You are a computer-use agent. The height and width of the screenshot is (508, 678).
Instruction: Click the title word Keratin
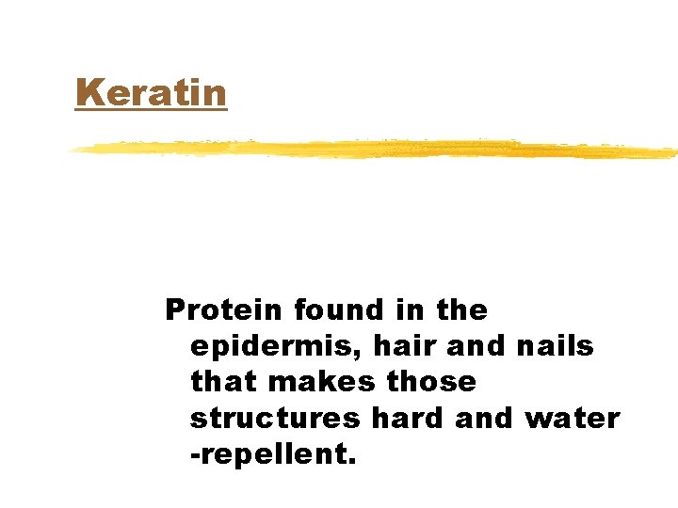click(152, 93)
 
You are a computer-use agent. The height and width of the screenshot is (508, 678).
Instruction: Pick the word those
click(431, 382)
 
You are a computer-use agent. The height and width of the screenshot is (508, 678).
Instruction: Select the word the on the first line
click(461, 310)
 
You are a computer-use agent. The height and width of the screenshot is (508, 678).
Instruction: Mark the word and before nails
click(476, 345)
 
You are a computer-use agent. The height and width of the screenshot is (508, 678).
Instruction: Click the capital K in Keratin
click(88, 93)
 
